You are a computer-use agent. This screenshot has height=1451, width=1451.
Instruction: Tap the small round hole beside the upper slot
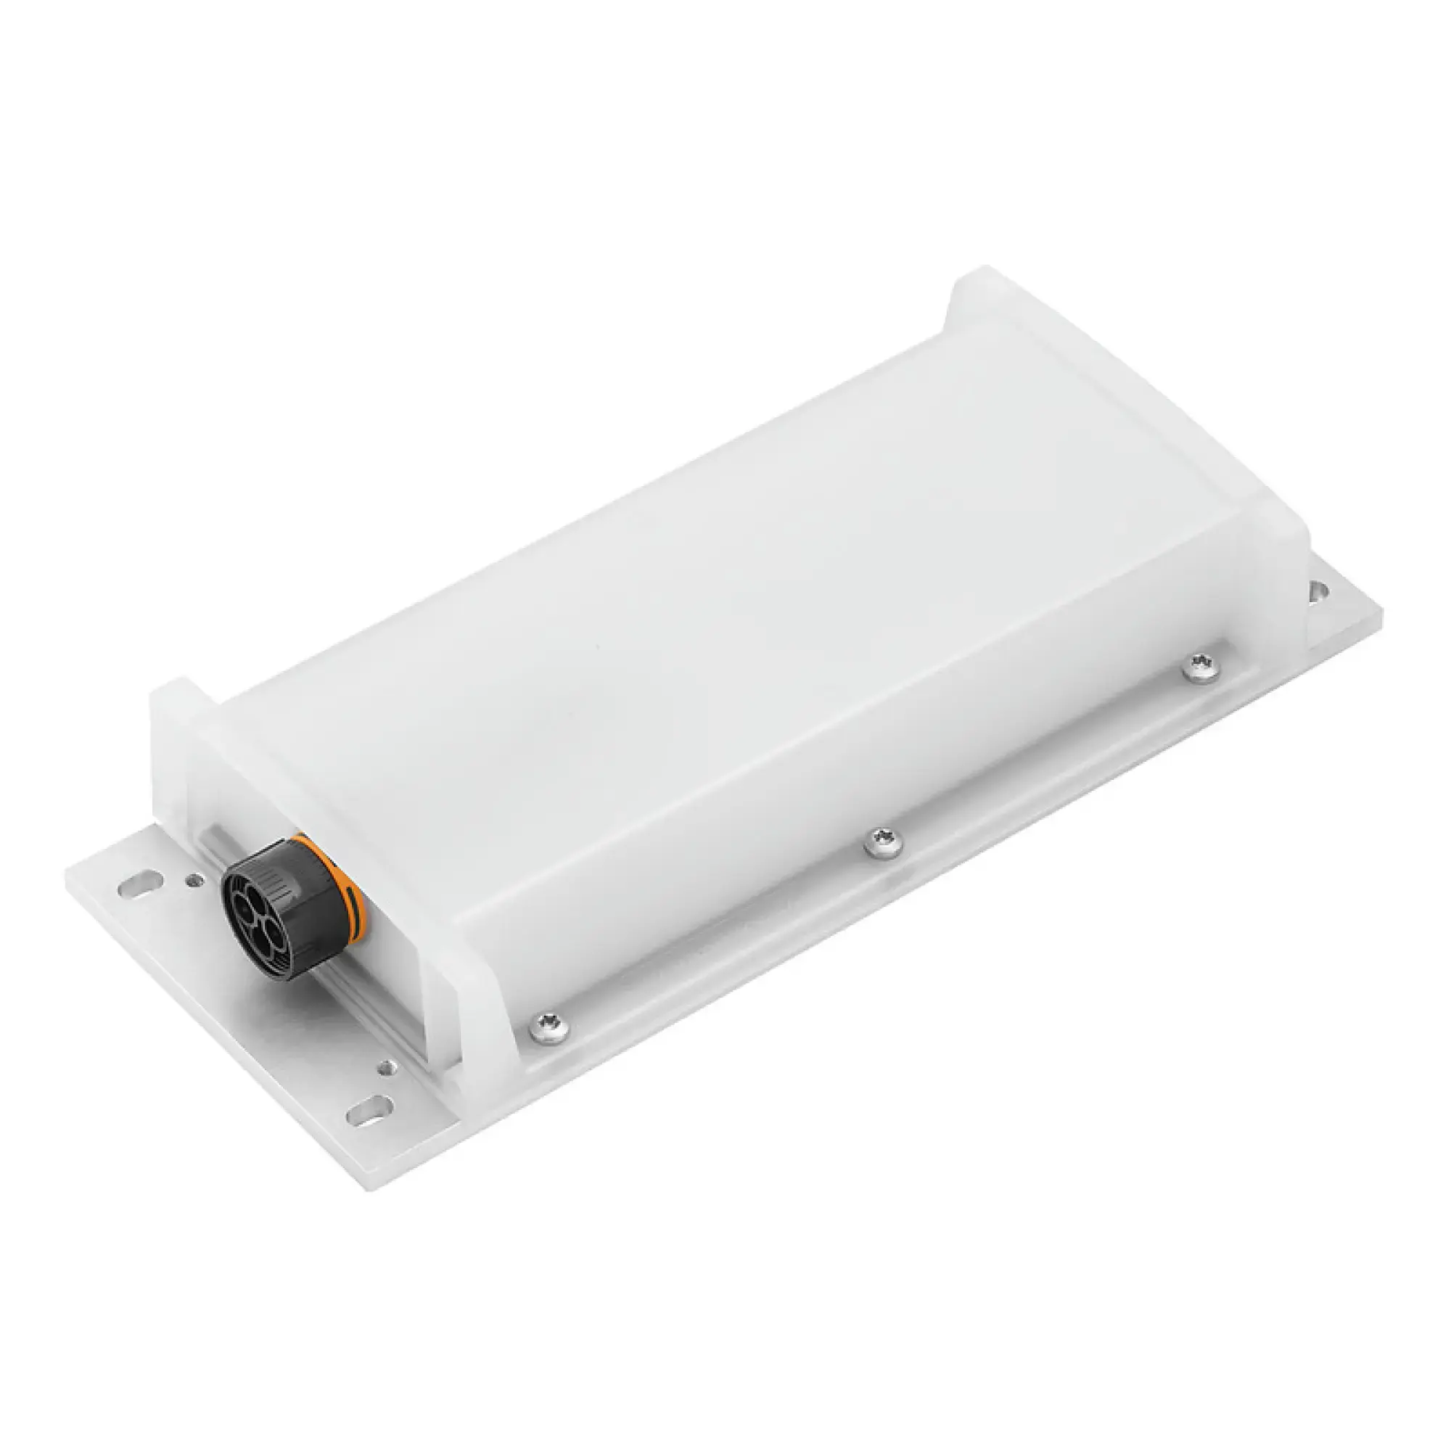[x=196, y=879]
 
